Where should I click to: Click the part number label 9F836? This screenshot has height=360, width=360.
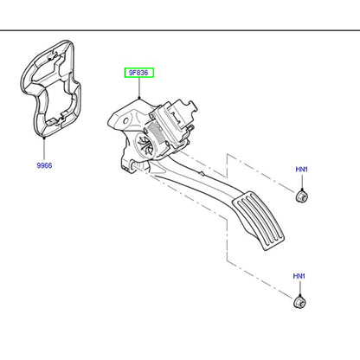[138, 73]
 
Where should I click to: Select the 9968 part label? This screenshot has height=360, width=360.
[44, 165]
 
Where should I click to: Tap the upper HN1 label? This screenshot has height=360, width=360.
[301, 170]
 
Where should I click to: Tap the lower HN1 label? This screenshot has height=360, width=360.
[299, 276]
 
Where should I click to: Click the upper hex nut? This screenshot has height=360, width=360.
[302, 196]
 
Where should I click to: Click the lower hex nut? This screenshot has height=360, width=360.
[299, 302]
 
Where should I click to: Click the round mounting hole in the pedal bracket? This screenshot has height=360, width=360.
[125, 120]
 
